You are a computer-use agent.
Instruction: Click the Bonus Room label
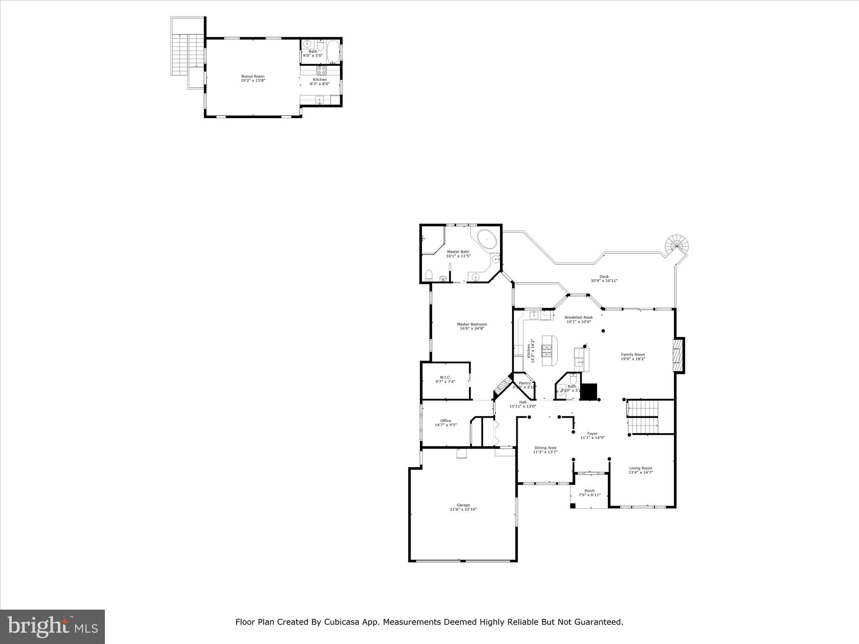(253, 76)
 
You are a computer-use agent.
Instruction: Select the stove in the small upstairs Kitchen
(321, 70)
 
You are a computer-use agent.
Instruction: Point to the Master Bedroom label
(472, 324)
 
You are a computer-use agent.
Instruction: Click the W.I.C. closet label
(445, 377)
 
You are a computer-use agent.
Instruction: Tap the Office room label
(445, 421)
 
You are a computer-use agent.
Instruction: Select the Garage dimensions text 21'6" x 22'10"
(463, 509)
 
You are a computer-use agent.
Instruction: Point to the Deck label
(604, 277)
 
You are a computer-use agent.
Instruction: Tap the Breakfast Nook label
(578, 317)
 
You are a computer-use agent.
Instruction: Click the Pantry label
(525, 383)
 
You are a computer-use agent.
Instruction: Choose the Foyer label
(592, 434)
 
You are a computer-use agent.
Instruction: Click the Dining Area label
(545, 448)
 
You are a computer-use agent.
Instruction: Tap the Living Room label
(640, 468)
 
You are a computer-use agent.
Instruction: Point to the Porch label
(589, 491)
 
